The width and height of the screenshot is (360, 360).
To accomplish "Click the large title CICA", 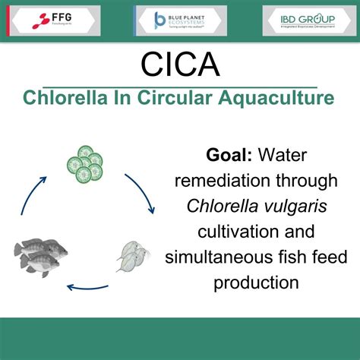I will (180, 64).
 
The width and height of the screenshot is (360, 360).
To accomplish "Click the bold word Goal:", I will (229, 156).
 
